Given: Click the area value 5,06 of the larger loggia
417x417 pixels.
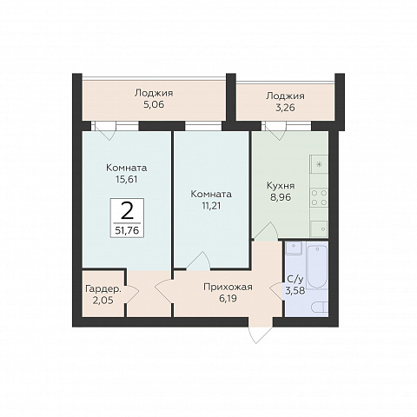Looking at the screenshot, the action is (x=154, y=104).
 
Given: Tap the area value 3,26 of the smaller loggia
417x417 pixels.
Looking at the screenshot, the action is (x=285, y=108).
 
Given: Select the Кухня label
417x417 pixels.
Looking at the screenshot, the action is (x=281, y=186).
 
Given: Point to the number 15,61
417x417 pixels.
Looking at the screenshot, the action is (x=126, y=180).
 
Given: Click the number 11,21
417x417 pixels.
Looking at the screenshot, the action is (x=211, y=206).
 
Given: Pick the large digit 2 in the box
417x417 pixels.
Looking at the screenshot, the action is (x=127, y=211).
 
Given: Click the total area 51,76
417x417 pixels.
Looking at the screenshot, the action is (x=127, y=230).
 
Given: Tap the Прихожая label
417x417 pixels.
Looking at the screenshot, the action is (x=228, y=287).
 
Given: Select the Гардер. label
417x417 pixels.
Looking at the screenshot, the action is (x=103, y=288).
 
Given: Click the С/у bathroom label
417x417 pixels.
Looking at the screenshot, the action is (x=295, y=279).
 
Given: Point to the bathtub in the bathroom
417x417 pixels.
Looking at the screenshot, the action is (x=317, y=267).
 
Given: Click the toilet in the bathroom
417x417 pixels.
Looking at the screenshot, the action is (x=320, y=307).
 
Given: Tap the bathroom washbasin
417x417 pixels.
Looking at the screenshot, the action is (x=294, y=248).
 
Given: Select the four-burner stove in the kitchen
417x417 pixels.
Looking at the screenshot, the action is (x=319, y=197).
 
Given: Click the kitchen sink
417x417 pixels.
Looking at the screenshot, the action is (x=319, y=228).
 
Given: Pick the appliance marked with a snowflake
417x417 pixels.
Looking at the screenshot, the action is (x=319, y=164).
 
